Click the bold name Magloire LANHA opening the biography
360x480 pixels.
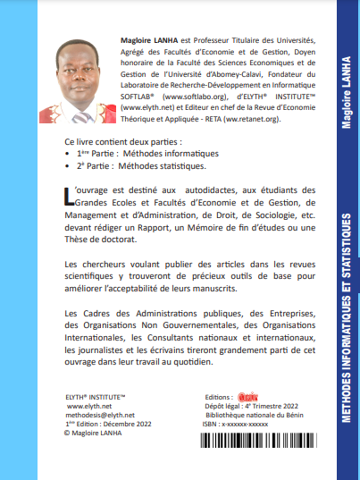point(150,41)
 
